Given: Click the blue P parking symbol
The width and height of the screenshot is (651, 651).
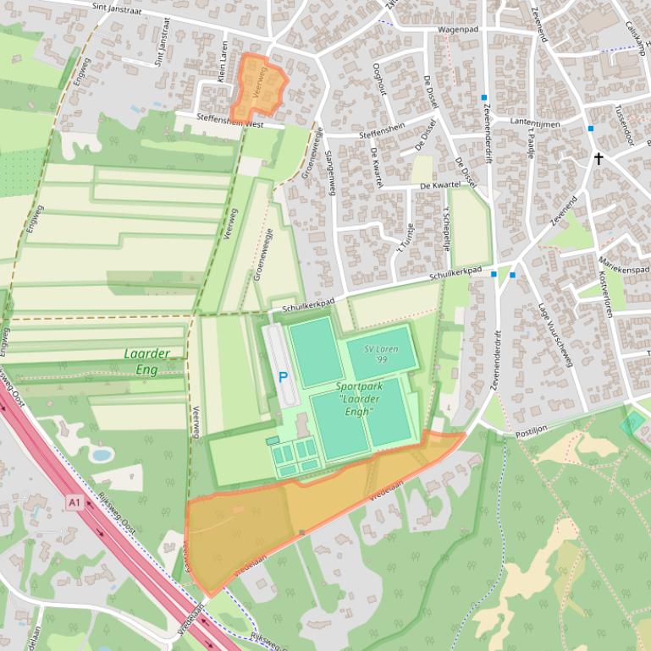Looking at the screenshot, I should [x=284, y=378].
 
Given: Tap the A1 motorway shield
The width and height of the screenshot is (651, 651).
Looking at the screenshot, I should [x=74, y=503].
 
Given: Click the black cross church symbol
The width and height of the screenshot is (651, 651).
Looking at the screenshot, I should [x=599, y=158].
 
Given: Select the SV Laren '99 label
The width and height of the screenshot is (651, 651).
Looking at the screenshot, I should [x=382, y=353].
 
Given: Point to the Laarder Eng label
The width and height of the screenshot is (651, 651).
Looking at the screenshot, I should [x=146, y=361].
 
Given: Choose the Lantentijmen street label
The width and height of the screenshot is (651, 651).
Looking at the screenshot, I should [x=536, y=123].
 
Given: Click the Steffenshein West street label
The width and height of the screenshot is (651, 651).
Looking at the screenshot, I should [x=230, y=121].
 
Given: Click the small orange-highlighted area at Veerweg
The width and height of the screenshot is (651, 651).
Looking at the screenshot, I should [x=257, y=87].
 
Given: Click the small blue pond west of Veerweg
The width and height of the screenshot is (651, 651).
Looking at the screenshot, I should [x=102, y=455].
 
